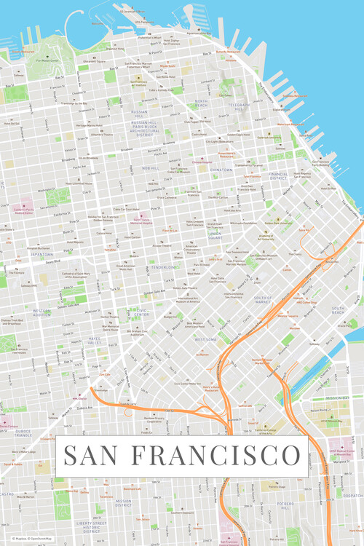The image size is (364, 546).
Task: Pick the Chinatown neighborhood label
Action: click(221, 169)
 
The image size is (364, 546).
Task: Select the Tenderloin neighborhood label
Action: click(163, 267)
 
